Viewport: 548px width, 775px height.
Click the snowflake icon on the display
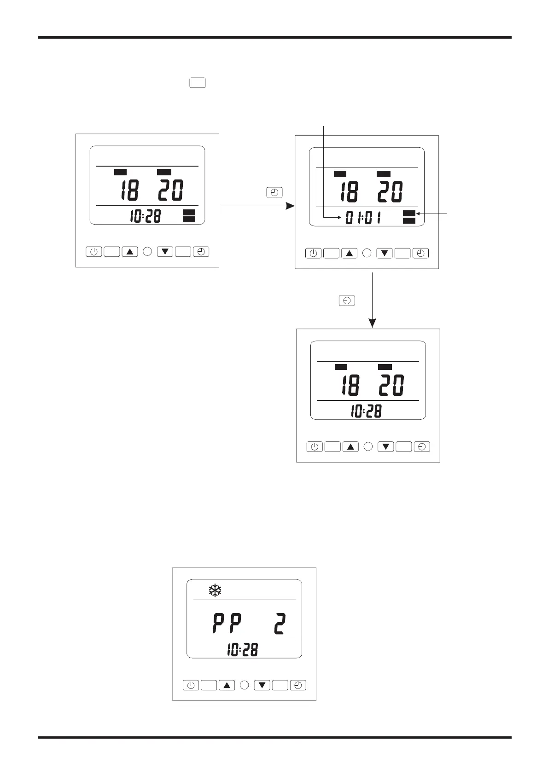(x=215, y=590)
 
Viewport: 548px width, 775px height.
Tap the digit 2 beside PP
(x=280, y=625)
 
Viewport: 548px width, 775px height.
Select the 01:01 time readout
(x=363, y=218)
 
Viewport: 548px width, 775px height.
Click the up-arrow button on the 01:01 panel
(x=349, y=253)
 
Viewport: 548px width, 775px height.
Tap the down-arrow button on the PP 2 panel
(x=262, y=685)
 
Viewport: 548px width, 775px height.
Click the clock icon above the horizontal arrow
(x=274, y=193)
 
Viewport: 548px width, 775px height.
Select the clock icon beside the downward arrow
(x=347, y=301)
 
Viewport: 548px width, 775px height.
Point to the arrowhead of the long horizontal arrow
(x=290, y=206)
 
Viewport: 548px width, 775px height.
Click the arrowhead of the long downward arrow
(x=372, y=323)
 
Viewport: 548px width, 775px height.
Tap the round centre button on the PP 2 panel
(x=245, y=685)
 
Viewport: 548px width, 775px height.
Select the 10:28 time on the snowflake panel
(x=242, y=650)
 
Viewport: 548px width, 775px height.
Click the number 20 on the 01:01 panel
(x=390, y=191)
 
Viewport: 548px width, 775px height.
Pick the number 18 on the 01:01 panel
(x=350, y=191)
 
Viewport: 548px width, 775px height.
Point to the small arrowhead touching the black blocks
(x=418, y=214)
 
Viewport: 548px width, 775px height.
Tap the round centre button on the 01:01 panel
(x=367, y=253)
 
